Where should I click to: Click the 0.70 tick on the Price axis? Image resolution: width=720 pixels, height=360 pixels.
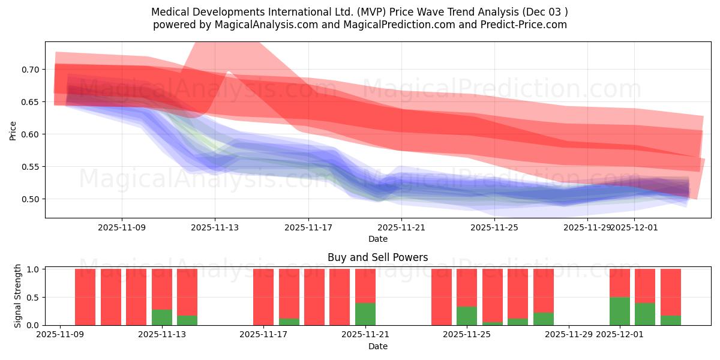tap(30, 70)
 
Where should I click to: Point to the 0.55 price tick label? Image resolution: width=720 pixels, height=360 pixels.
tap(30, 167)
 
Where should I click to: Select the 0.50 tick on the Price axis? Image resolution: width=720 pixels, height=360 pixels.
tap(30, 199)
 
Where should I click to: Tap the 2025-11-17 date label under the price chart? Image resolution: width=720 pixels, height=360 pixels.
tap(308, 228)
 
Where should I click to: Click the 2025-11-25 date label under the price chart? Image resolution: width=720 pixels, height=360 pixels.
tap(494, 228)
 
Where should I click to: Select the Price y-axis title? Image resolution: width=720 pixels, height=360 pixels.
tap(13, 131)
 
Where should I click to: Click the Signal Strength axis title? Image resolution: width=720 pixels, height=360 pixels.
tap(18, 296)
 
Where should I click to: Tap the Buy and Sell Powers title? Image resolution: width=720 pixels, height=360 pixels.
tap(378, 257)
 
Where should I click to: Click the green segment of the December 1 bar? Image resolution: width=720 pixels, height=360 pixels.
tap(620, 311)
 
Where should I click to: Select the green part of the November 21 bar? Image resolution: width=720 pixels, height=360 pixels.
tap(365, 314)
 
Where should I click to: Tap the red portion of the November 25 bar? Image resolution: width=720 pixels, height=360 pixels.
tap(467, 288)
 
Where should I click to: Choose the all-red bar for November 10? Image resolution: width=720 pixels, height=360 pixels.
tap(85, 297)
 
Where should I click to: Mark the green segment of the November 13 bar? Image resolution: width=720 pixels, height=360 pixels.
tap(162, 317)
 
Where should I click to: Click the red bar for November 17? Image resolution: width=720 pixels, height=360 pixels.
tap(263, 297)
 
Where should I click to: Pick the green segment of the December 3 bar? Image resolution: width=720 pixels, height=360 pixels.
tap(671, 320)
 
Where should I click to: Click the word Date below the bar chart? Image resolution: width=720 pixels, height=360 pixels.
tap(378, 346)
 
